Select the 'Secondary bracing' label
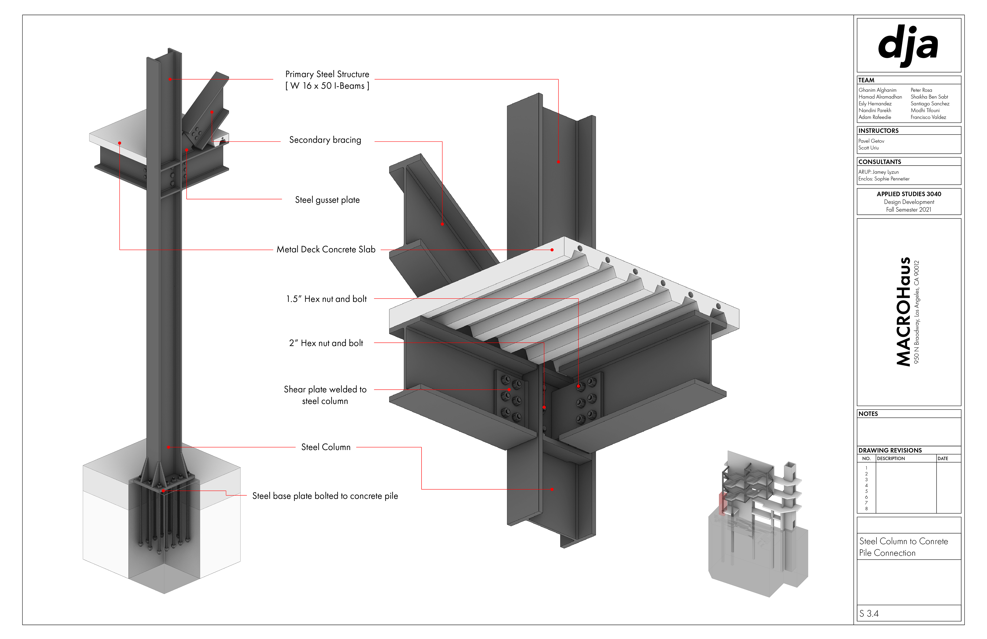[x=325, y=140]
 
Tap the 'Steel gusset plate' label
[x=327, y=200]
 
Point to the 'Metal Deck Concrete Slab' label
[x=326, y=249]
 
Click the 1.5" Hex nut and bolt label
[x=326, y=299]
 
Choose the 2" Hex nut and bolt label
[x=326, y=343]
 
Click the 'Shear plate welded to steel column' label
[x=325, y=395]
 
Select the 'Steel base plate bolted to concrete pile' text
[x=325, y=496]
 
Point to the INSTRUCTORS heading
[x=878, y=131]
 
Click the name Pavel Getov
[x=871, y=141]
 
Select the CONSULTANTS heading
[x=880, y=162]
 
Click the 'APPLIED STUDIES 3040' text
[x=909, y=194]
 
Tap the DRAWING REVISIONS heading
[x=890, y=450]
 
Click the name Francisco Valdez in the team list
[x=928, y=118]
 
